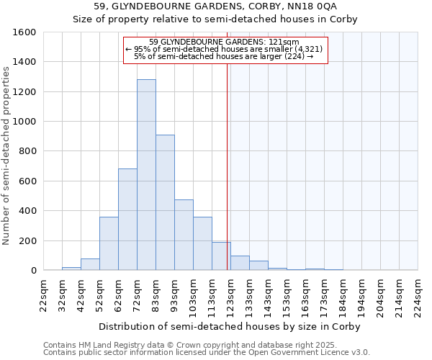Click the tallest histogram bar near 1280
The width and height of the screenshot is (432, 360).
[x=146, y=175]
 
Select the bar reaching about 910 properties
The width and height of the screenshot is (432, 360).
[x=165, y=202]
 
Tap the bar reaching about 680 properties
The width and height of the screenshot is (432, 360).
[x=127, y=220]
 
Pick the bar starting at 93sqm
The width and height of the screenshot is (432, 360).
[x=184, y=235]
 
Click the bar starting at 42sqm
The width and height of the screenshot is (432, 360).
[x=90, y=264]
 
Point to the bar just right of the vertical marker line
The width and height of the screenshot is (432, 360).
[x=240, y=263]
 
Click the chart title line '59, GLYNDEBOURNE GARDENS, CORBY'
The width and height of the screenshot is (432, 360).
[x=215, y=6]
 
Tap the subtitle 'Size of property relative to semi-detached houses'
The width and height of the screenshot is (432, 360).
[x=215, y=19]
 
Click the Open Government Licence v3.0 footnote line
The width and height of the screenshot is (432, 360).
[x=207, y=352]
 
